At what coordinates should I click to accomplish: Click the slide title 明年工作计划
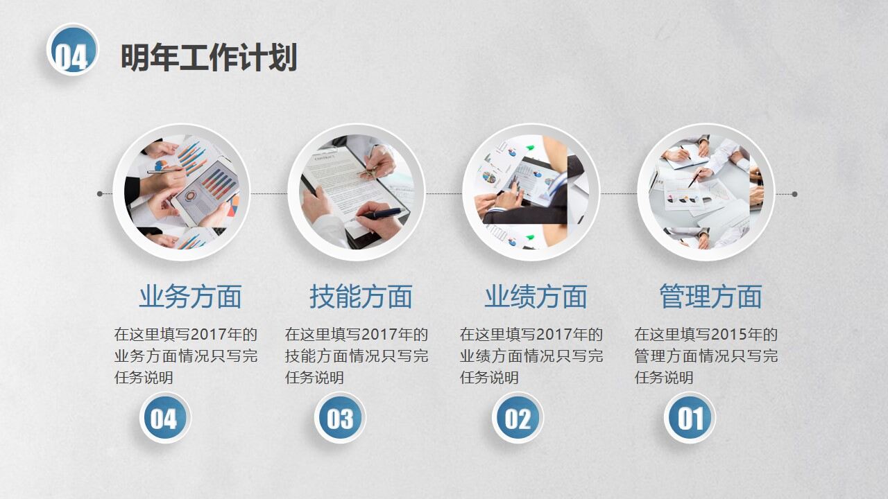tap(208, 58)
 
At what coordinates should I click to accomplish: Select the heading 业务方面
tap(190, 297)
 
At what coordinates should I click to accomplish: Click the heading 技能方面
tap(361, 297)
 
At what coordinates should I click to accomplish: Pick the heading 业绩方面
tap(536, 297)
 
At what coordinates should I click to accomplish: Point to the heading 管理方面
tap(710, 297)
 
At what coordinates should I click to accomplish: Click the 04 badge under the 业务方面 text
tap(164, 418)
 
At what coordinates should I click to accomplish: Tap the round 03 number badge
tap(339, 418)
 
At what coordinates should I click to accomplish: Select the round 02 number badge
tap(518, 418)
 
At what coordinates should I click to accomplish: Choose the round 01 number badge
tap(690, 418)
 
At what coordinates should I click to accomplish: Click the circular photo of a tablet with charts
tap(181, 192)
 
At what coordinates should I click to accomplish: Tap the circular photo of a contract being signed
tap(356, 192)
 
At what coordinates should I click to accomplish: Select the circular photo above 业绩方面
tap(531, 192)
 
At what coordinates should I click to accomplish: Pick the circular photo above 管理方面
tap(706, 192)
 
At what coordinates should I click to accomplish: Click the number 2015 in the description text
tap(730, 335)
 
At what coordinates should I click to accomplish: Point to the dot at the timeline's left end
tap(100, 194)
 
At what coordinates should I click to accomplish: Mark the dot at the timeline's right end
tap(794, 194)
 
